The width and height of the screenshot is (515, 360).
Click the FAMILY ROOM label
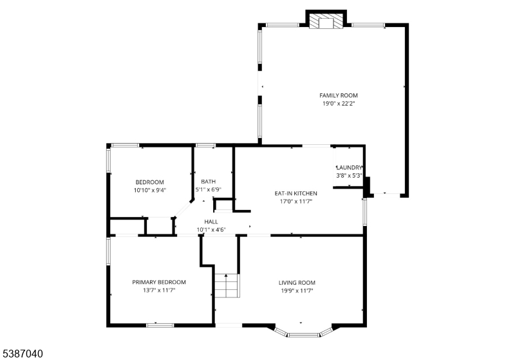point(339,95)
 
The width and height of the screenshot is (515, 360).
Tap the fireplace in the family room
point(326,21)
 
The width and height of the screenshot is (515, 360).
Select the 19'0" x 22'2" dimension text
point(339,104)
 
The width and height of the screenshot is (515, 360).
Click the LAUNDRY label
point(350,167)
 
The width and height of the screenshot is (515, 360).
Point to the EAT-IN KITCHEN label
point(295,193)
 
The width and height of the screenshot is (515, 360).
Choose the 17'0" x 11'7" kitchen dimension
point(295,202)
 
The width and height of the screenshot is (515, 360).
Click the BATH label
point(208,182)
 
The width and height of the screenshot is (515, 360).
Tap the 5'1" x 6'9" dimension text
point(208,189)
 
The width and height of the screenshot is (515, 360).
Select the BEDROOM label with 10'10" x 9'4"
point(149,182)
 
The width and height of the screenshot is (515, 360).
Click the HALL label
point(211,222)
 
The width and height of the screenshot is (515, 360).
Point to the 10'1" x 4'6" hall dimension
point(211,230)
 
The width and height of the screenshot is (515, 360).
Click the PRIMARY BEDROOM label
point(159,282)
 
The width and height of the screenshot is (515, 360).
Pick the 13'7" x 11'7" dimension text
point(159,290)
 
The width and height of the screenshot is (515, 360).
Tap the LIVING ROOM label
point(297,283)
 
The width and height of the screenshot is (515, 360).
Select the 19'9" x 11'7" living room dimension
point(297,290)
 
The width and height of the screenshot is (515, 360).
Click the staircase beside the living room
point(227,285)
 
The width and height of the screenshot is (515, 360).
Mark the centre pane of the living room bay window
point(303,335)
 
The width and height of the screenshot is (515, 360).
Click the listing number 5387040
point(23,354)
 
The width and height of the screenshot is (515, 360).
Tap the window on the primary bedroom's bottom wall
point(160,325)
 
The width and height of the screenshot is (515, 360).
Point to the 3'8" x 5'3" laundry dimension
point(349,176)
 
